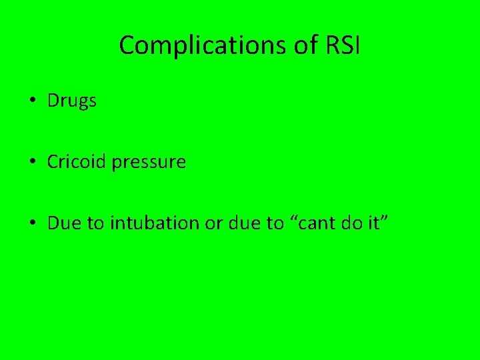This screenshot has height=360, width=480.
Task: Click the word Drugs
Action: pyautogui.click(x=72, y=101)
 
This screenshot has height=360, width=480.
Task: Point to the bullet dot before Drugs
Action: pyautogui.click(x=32, y=102)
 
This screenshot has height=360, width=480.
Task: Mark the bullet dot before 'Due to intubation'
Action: pyautogui.click(x=32, y=223)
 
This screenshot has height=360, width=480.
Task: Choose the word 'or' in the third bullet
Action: pyautogui.click(x=213, y=223)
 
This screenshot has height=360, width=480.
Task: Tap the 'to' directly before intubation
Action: pyautogui.click(x=95, y=223)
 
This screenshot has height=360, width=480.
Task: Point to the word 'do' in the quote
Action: pyautogui.click(x=351, y=223)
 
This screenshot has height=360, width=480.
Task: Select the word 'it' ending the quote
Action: pyautogui.click(x=373, y=223)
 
